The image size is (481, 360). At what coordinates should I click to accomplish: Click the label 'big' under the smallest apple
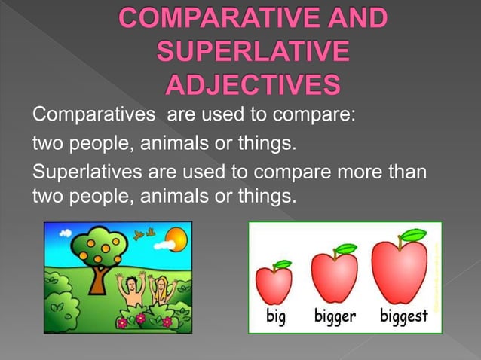coord(276,316)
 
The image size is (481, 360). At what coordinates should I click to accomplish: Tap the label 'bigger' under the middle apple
coord(335,317)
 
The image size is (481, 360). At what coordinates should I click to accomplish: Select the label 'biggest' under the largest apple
coord(403,317)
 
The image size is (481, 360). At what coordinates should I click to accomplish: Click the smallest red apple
coord(274,284)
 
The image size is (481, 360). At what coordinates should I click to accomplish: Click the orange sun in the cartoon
coord(174,241)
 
